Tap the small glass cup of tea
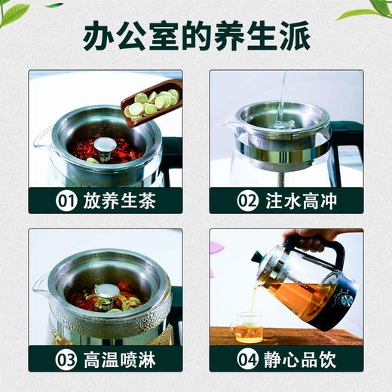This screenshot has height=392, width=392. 247,329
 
